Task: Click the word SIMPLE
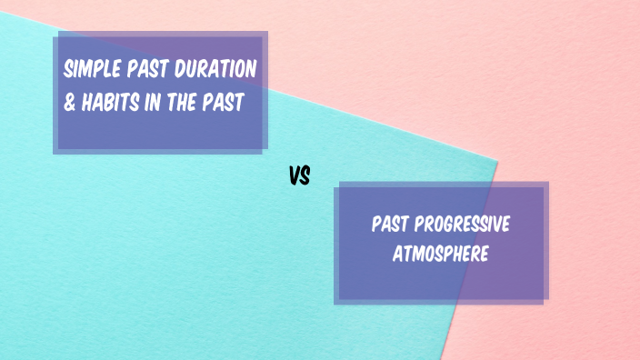[x=91, y=70]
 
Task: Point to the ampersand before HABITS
[x=70, y=103]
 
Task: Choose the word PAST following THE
[x=225, y=103]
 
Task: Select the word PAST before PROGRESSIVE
[x=391, y=225]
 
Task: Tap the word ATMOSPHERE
[x=440, y=254]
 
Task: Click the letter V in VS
[x=295, y=175]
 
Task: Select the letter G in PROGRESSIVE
[x=458, y=225]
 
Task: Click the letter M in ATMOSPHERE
[x=416, y=254]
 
